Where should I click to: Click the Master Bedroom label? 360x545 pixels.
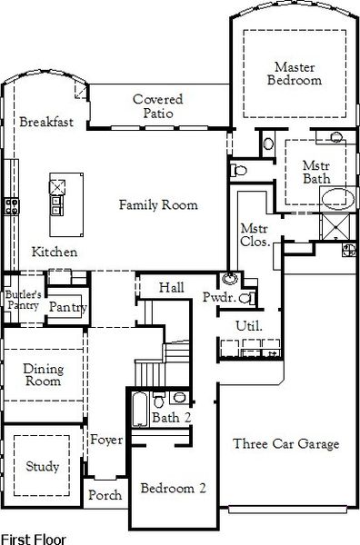pos(298,74)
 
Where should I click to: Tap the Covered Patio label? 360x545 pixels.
pos(157,106)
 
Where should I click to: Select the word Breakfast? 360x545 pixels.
pos(46,122)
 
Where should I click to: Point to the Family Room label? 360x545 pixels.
pos(158,205)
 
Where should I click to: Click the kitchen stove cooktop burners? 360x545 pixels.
pos(12,205)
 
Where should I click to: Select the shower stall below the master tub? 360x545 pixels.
pos(342,224)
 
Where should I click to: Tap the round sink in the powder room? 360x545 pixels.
pos(228,280)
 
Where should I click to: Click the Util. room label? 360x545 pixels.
pos(248,325)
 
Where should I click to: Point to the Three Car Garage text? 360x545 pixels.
pos(285,444)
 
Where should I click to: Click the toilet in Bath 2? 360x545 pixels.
pos(160,400)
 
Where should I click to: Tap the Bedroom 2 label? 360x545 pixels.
pos(173,488)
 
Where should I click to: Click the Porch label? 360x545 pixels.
pos(102,496)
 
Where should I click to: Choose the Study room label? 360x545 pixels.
pos(42,467)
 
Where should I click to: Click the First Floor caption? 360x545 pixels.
pos(33,539)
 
